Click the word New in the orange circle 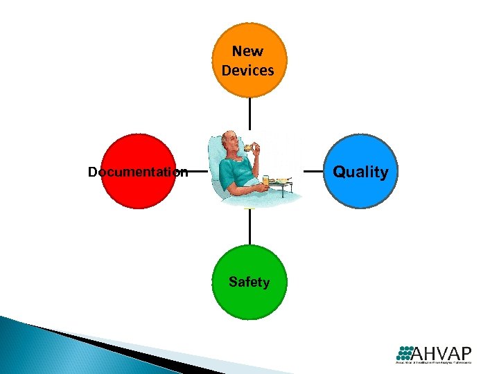[248, 51]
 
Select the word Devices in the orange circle [248, 70]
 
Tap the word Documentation [137, 172]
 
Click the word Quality [360, 172]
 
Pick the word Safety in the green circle [249, 282]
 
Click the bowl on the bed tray [281, 181]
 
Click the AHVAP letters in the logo [443, 351]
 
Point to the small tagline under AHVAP [433, 362]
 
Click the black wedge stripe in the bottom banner [104, 346]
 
